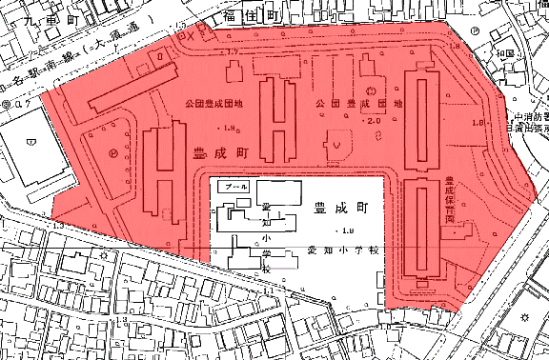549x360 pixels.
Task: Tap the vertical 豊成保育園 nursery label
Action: click(x=448, y=199)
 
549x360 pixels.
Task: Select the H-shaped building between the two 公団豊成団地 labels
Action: click(x=279, y=120)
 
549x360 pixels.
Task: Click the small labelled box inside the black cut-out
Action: click(x=233, y=188)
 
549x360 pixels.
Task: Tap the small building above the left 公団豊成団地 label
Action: click(x=232, y=72)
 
